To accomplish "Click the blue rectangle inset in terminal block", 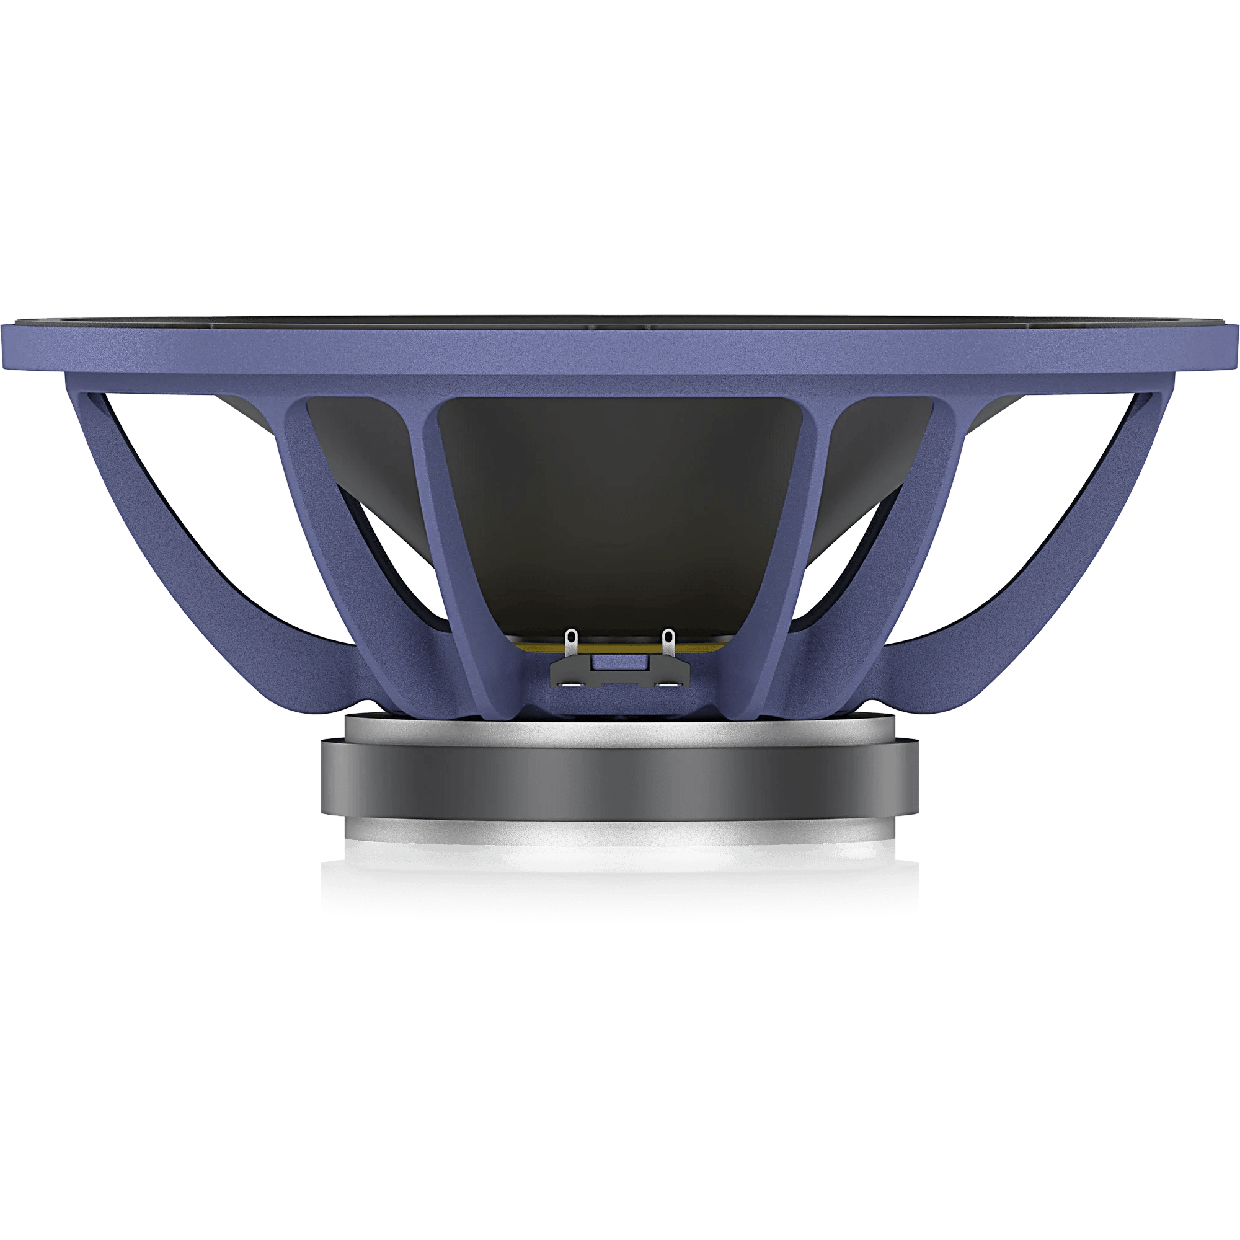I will pyautogui.click(x=619, y=662).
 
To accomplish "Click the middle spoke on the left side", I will pyautogui.click(x=321, y=513).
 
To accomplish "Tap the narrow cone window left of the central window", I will pyautogui.click(x=360, y=462).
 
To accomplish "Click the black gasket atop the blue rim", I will pyautogui.click(x=619, y=319).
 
